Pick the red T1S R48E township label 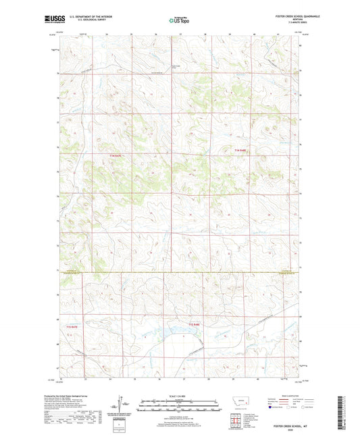[x=195, y=326]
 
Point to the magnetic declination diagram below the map [x=122, y=407]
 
